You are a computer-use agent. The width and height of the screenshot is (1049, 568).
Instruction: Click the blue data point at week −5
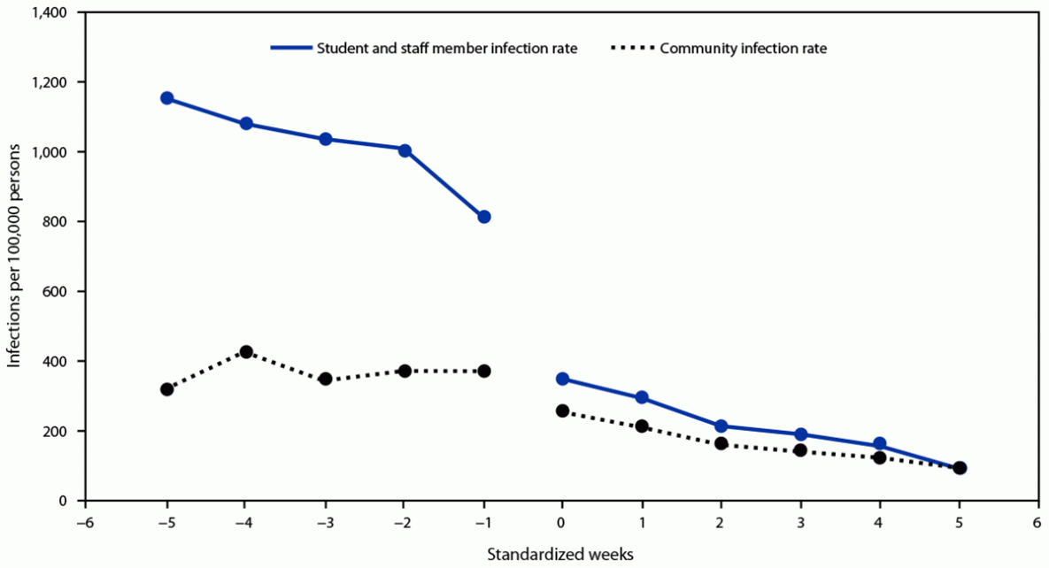click(166, 98)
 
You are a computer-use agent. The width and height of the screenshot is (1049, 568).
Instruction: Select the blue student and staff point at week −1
click(483, 217)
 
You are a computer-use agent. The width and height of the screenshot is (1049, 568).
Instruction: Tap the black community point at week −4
click(246, 352)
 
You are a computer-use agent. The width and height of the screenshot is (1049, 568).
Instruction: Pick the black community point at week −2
click(405, 371)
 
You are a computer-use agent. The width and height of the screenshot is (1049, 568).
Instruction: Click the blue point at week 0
click(562, 379)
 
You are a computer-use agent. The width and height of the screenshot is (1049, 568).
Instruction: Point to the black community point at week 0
click(562, 411)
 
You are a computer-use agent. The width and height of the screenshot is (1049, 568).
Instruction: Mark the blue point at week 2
click(721, 426)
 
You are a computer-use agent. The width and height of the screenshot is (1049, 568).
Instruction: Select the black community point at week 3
click(800, 450)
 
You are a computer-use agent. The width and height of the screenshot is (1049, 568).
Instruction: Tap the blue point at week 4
click(879, 444)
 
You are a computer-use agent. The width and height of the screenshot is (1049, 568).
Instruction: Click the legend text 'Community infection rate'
click(743, 49)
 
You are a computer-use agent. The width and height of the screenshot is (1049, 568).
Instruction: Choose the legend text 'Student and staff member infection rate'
click(447, 49)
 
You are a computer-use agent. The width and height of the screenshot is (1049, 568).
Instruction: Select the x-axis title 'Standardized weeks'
click(559, 554)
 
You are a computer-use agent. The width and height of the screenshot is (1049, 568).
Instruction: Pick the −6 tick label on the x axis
click(85, 522)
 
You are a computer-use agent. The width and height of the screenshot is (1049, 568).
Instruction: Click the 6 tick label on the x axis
click(1037, 522)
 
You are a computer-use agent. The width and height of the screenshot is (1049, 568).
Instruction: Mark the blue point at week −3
click(325, 139)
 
